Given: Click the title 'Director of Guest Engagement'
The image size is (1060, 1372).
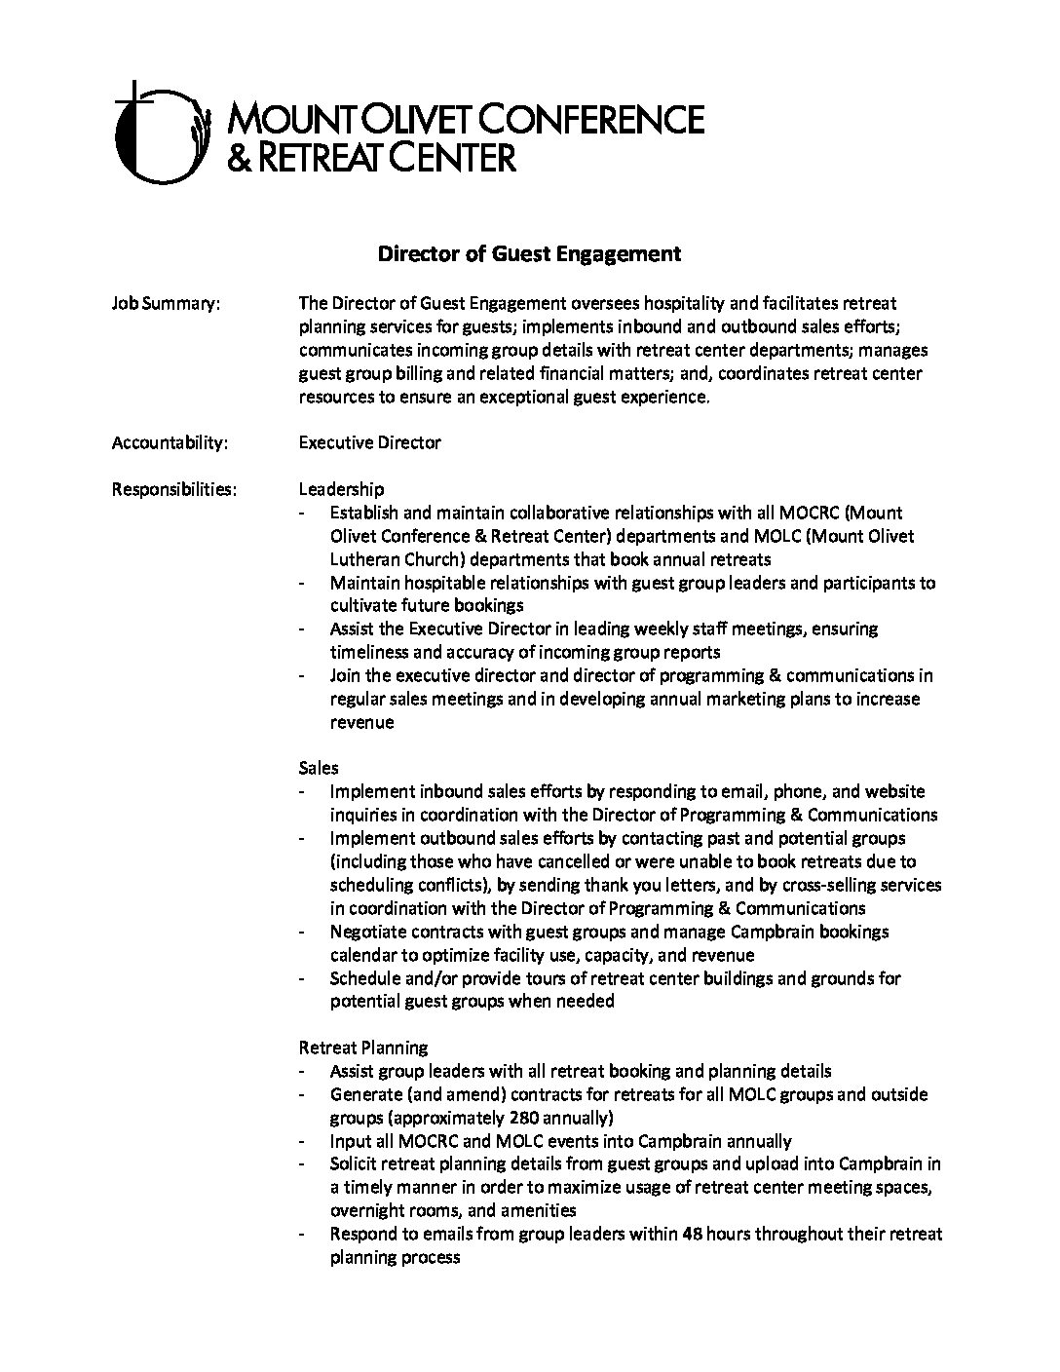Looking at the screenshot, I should tap(529, 254).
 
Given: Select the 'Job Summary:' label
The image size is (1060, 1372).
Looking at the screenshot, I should tap(166, 304).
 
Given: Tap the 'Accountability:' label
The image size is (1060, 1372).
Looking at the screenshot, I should tap(170, 443).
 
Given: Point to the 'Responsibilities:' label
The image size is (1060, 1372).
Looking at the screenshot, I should tap(173, 489).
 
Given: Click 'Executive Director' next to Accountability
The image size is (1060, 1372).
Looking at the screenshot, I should tap(369, 443).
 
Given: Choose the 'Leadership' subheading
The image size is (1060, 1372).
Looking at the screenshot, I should tap(341, 489).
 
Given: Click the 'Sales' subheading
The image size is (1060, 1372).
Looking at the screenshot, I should tap(319, 768).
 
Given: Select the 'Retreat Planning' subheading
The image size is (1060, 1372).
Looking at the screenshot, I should tap(362, 1048).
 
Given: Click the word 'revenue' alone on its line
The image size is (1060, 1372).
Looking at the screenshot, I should tap(361, 722).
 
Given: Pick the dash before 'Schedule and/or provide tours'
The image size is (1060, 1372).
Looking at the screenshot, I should tap(306, 978).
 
